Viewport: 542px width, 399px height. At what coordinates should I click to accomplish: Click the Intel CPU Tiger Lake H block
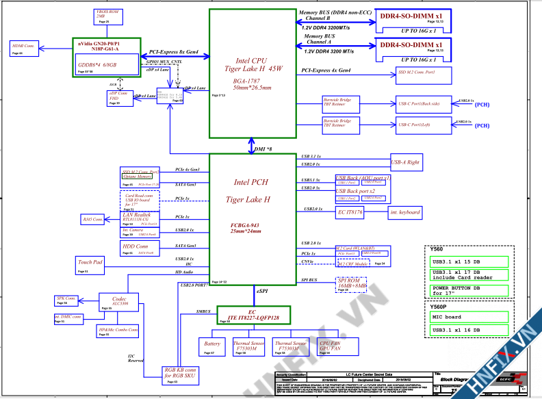pyautogui.click(x=253, y=73)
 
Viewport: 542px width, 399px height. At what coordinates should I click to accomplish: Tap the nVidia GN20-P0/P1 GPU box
pyautogui.click(x=106, y=55)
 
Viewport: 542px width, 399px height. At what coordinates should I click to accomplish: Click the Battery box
pyautogui.click(x=214, y=347)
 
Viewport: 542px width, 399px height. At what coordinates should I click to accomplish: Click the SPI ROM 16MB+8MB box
pyautogui.click(x=351, y=284)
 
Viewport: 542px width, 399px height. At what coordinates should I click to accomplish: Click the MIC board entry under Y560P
pyautogui.click(x=469, y=318)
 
